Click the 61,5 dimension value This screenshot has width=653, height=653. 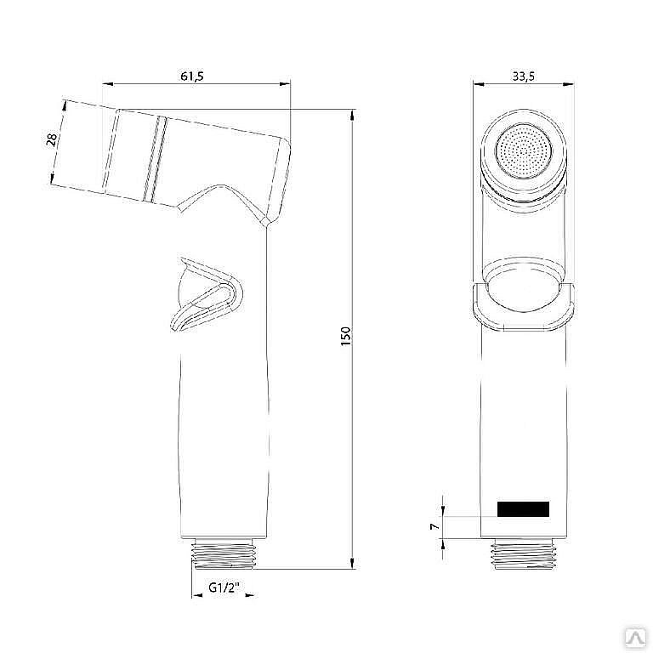click(x=192, y=76)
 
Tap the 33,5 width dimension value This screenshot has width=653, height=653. click(x=523, y=76)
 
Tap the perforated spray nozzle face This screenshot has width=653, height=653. click(x=524, y=152)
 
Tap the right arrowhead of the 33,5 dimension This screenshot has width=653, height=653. click(x=570, y=83)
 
